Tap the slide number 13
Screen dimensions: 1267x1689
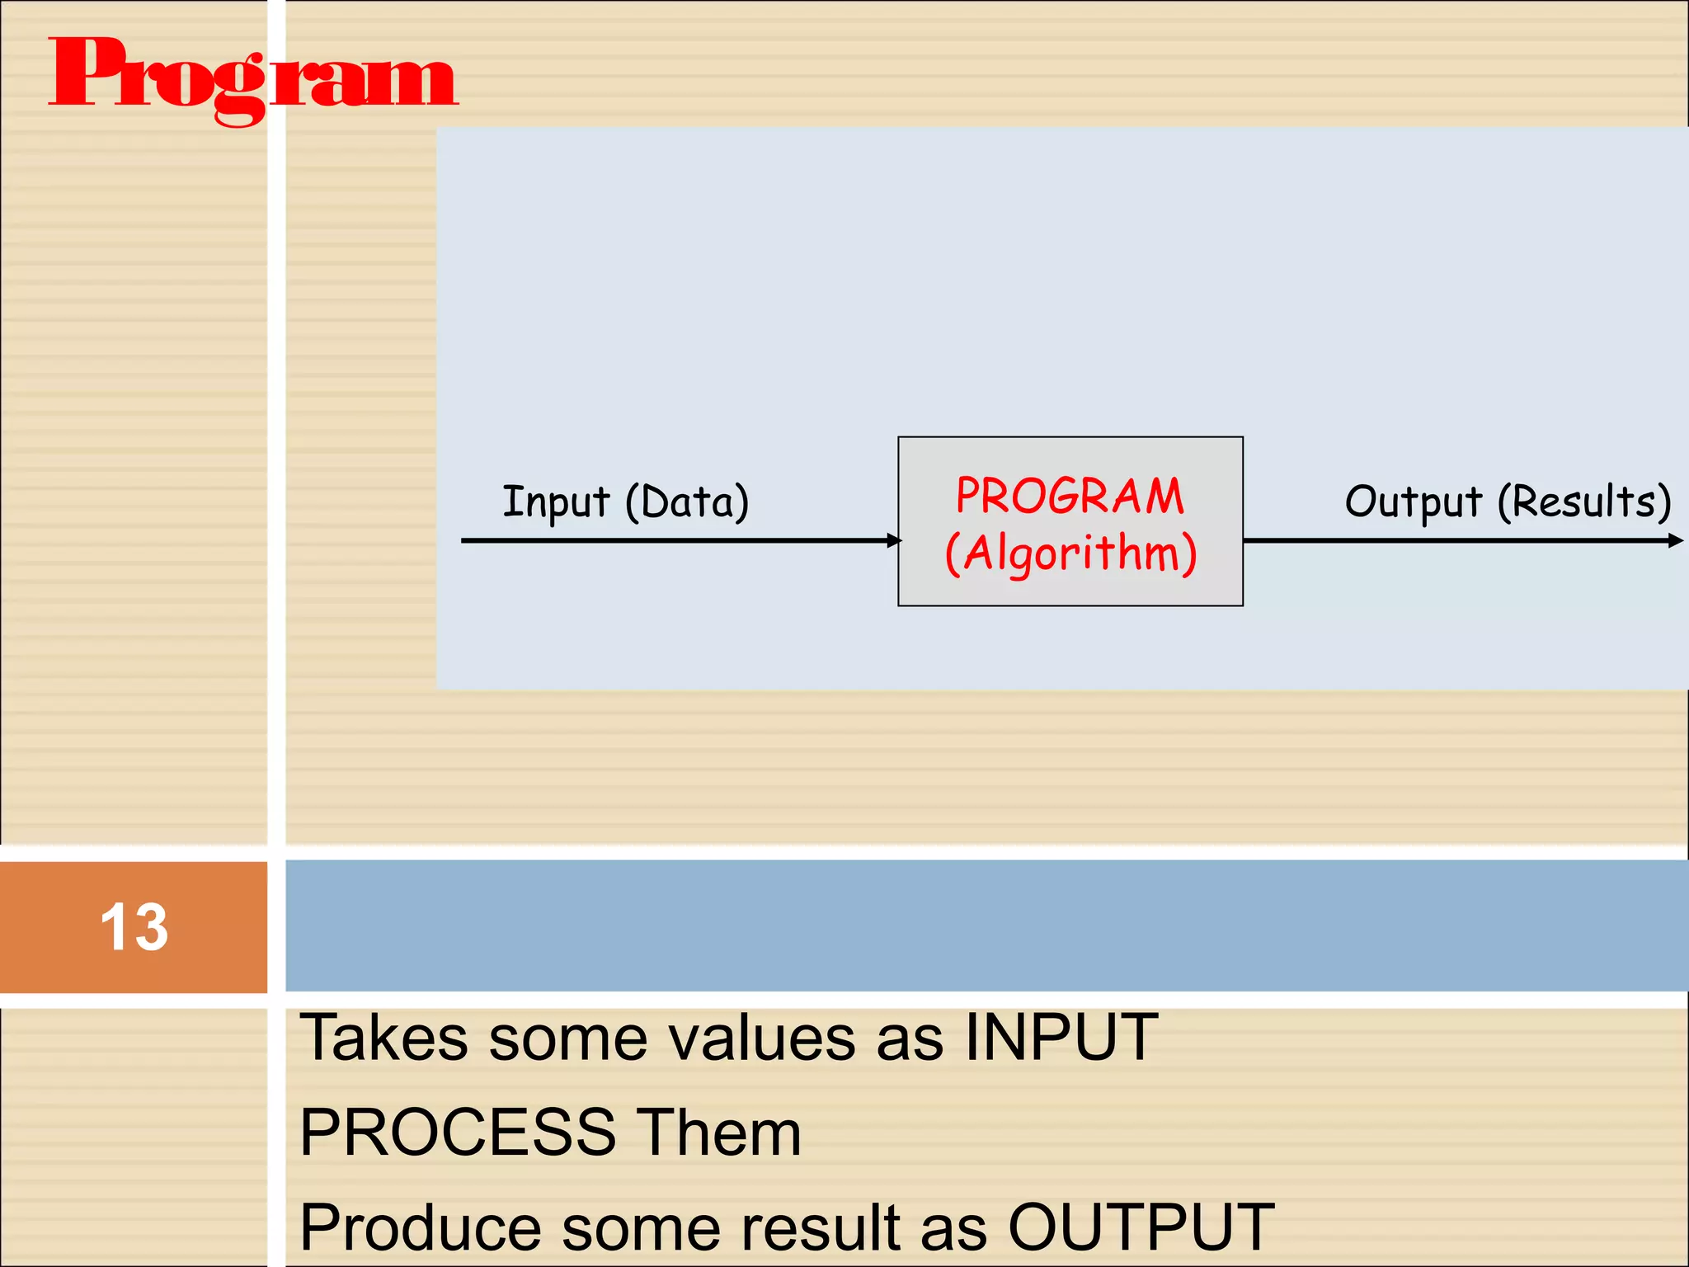134,927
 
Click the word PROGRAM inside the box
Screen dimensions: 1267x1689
1070,497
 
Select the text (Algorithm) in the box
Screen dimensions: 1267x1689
1070,553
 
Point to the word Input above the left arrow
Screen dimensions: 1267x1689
556,502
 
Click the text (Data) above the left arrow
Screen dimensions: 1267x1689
687,502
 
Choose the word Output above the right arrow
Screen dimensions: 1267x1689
1413,502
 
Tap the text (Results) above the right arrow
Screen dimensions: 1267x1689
1584,502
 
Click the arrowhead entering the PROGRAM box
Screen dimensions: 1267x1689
894,540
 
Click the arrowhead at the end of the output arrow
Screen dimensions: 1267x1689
1675,540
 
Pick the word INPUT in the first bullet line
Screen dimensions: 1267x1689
1061,1038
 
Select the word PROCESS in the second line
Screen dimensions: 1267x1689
458,1133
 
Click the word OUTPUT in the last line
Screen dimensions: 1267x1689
1141,1228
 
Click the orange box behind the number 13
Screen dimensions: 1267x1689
49,927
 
